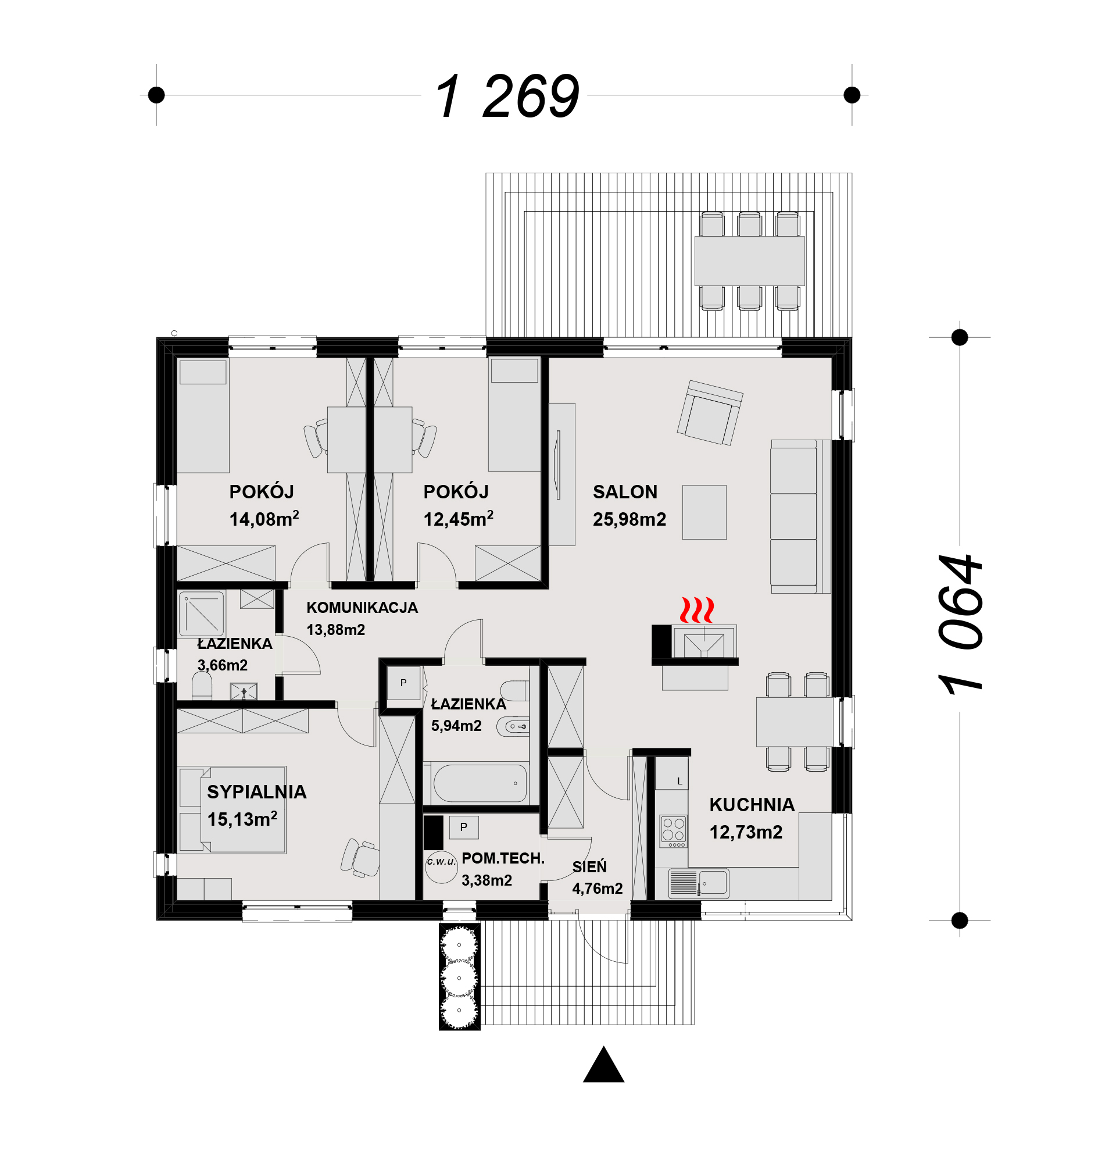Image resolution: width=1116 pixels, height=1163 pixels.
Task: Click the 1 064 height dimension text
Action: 961,624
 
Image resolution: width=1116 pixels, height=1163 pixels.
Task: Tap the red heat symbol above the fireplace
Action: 696,610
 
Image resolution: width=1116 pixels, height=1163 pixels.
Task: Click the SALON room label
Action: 625,492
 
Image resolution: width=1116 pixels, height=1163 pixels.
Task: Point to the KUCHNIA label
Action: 752,805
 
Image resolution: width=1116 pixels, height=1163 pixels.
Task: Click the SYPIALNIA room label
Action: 257,792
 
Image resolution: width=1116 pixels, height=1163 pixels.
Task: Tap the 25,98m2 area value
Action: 629,519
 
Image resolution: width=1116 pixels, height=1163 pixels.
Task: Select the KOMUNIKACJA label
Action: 362,608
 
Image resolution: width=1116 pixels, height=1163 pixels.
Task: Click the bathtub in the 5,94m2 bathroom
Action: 480,783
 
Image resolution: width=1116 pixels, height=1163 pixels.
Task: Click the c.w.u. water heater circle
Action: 441,867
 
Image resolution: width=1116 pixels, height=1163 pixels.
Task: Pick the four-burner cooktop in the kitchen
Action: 674,831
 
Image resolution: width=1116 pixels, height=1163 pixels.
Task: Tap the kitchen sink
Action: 713,882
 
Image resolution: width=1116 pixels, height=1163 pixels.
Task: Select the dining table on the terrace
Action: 750,261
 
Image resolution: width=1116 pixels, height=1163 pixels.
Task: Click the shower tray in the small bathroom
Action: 202,613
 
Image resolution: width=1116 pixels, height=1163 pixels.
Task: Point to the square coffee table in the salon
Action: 704,513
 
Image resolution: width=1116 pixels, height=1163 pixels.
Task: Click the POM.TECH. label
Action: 503,858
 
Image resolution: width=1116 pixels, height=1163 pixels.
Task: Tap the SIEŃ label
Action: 589,866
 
